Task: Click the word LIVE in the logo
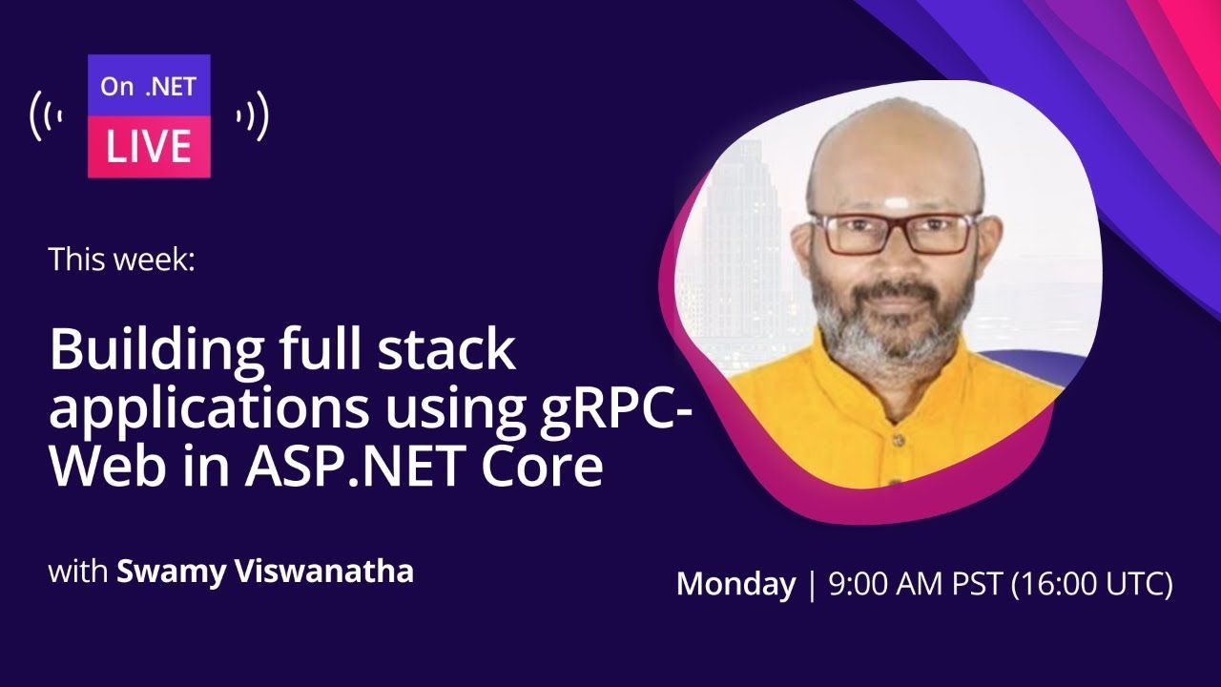148,146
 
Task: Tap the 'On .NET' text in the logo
148,87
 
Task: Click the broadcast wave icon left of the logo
46,116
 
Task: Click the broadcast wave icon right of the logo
253,116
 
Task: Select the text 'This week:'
121,259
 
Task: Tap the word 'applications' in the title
209,410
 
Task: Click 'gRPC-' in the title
615,410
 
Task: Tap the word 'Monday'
735,585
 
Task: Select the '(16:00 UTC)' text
1091,584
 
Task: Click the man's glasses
894,233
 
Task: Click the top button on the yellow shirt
899,439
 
